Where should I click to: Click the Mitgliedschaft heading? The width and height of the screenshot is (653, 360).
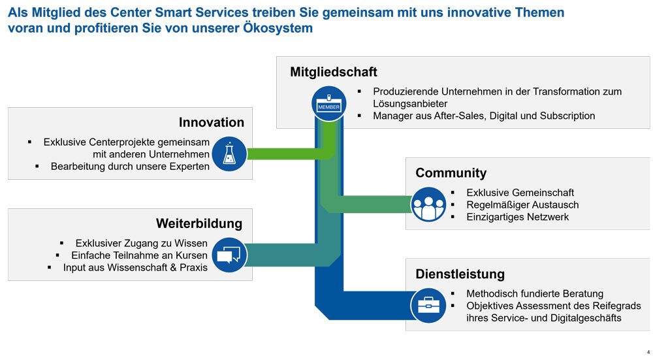pos(334,72)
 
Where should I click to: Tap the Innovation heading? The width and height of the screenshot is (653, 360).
pos(212,122)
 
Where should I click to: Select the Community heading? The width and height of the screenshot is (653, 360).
pos(451,173)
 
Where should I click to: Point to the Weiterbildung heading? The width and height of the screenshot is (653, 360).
pos(199,223)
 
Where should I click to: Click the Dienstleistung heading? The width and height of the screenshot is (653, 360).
pos(460,274)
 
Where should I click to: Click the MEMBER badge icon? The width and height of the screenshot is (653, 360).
pos(329,103)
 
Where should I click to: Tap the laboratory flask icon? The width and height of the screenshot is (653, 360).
pos(229,154)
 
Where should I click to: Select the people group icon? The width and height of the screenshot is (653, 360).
pos(428,204)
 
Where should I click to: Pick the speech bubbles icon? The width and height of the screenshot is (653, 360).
pos(229,255)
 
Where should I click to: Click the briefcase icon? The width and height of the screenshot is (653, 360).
pos(428,305)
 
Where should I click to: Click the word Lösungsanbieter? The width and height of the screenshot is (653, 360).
pos(410,104)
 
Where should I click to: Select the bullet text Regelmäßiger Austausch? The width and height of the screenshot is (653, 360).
pos(522,205)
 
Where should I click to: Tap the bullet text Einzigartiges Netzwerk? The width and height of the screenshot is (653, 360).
pos(518,217)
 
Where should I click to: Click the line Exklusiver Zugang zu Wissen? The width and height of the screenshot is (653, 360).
pos(141,243)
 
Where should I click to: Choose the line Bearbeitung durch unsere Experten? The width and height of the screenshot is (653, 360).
pos(130,167)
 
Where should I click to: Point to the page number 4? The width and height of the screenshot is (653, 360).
pos(648,353)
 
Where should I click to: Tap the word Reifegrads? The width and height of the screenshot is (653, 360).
pos(617,306)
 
